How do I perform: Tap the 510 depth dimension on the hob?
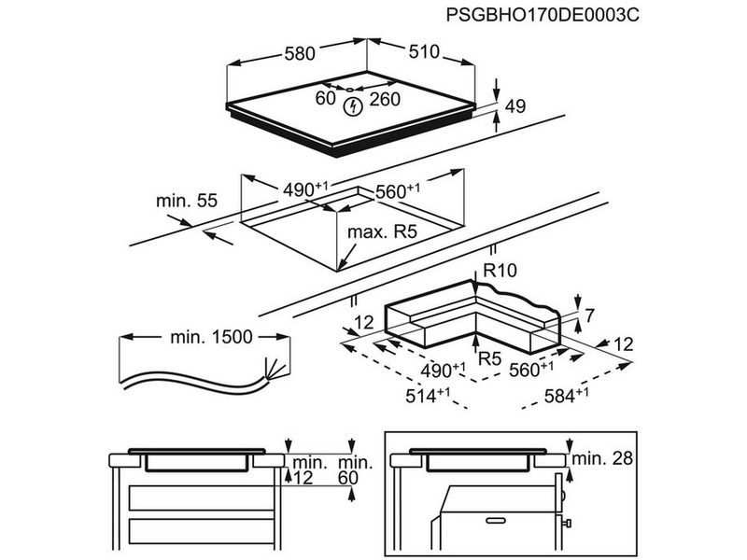click(423, 52)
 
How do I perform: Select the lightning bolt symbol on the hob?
click(354, 107)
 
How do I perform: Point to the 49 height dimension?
click(515, 107)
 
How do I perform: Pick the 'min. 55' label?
click(187, 200)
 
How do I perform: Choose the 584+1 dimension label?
click(566, 396)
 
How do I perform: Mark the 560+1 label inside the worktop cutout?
click(397, 191)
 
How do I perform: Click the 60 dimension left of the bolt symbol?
click(324, 98)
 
